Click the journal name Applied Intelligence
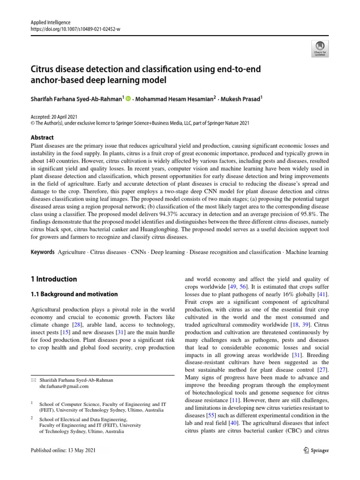point(50,22)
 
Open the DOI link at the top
point(75,29)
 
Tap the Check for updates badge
point(320,48)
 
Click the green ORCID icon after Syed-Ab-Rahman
point(128,98)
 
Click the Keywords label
point(42,252)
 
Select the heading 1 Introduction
point(53,279)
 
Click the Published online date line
point(62,450)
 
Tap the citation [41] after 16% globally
point(322,294)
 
